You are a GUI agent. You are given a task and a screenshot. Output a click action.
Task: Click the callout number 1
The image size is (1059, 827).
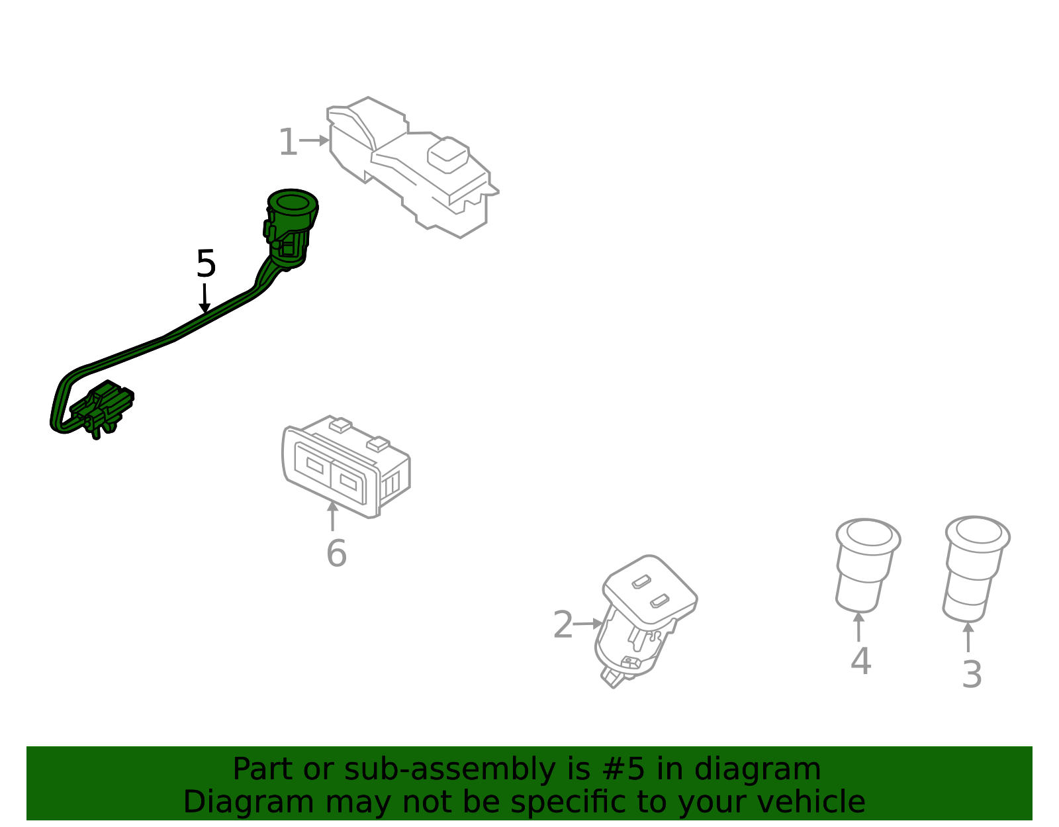tap(288, 142)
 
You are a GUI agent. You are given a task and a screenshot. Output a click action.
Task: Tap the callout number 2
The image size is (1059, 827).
tap(563, 624)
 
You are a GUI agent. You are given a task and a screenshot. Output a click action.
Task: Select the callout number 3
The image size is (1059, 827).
tap(972, 675)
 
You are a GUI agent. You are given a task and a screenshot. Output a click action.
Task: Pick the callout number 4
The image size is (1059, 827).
tap(860, 661)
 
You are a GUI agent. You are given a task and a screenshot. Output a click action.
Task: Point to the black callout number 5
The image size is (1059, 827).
tap(206, 264)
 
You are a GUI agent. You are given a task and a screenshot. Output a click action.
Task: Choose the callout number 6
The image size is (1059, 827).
tap(336, 554)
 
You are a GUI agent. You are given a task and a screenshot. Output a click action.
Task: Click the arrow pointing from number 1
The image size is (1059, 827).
tap(314, 140)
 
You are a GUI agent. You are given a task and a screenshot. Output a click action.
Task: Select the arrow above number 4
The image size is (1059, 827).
tap(858, 626)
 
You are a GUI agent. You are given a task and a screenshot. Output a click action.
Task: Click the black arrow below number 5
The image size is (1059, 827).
tap(205, 298)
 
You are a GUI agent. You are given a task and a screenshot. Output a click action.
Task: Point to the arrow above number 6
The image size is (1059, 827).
tap(332, 516)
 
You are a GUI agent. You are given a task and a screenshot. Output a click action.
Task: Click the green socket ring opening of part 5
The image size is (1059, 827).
tap(293, 202)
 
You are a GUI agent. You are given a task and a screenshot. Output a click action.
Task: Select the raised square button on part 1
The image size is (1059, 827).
tap(448, 154)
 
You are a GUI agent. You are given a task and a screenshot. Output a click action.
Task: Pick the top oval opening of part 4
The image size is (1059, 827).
tap(868, 534)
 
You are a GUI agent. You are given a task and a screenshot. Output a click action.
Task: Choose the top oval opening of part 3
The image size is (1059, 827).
tap(978, 532)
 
